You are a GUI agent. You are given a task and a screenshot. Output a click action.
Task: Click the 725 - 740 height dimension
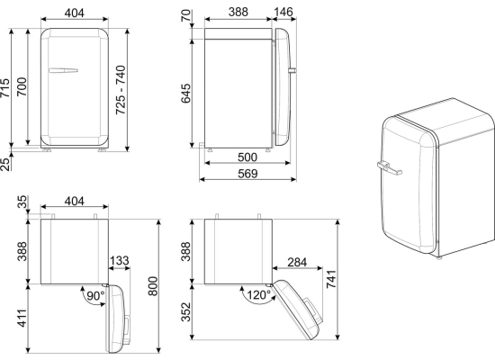(x=121, y=90)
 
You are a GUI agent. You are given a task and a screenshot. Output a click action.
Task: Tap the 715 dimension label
(x=4, y=88)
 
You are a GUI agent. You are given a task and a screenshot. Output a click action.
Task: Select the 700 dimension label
(x=22, y=86)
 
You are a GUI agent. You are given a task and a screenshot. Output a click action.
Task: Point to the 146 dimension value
(x=283, y=12)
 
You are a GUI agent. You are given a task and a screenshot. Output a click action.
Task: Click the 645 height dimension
(x=185, y=94)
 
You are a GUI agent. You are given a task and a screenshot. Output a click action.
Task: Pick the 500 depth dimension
(x=247, y=157)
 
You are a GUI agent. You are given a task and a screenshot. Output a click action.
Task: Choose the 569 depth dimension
(x=247, y=174)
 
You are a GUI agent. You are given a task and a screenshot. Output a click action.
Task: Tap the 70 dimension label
(x=186, y=15)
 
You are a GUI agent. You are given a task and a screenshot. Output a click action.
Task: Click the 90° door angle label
(x=95, y=296)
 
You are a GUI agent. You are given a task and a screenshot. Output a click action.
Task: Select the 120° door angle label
(x=258, y=295)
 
